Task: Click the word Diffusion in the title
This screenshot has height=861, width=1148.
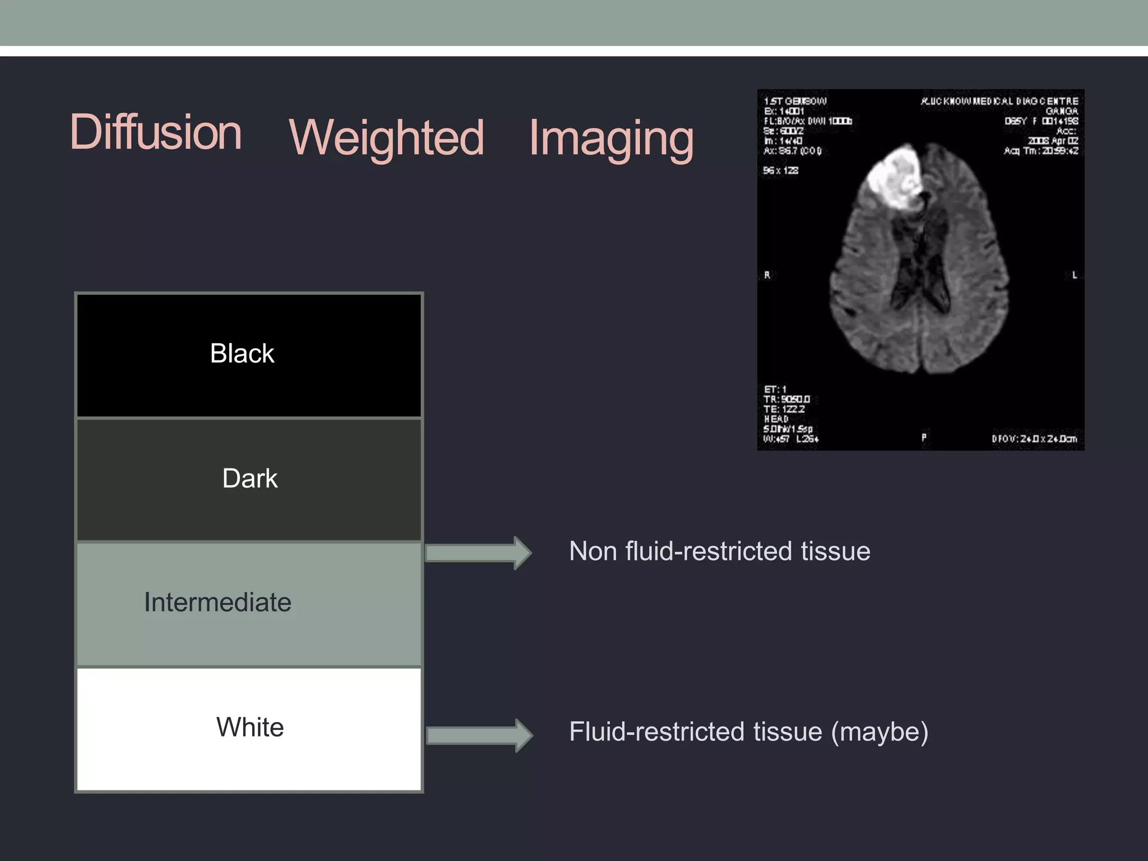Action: (156, 132)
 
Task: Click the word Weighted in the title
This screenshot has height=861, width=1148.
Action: (386, 138)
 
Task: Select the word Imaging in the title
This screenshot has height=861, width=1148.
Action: (611, 138)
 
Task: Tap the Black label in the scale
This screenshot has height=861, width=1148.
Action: (242, 354)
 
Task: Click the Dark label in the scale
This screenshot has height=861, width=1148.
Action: (249, 479)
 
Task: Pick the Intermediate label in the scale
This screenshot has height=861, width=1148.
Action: (217, 603)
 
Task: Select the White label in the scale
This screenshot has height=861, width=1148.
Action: (250, 728)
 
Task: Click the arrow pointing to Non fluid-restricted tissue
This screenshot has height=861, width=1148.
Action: (478, 553)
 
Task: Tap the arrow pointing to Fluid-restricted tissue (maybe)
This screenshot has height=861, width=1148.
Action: (479, 735)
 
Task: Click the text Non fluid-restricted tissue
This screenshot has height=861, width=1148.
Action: (719, 552)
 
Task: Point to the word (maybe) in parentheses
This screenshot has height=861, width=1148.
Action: (879, 732)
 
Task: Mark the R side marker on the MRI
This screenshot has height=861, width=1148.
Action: (767, 275)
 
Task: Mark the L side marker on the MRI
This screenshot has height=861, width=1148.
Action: (1074, 275)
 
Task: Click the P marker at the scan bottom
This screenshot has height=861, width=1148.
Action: (924, 437)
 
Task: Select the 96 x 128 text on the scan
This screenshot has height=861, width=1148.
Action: (780, 170)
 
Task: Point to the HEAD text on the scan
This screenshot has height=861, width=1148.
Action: (776, 419)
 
